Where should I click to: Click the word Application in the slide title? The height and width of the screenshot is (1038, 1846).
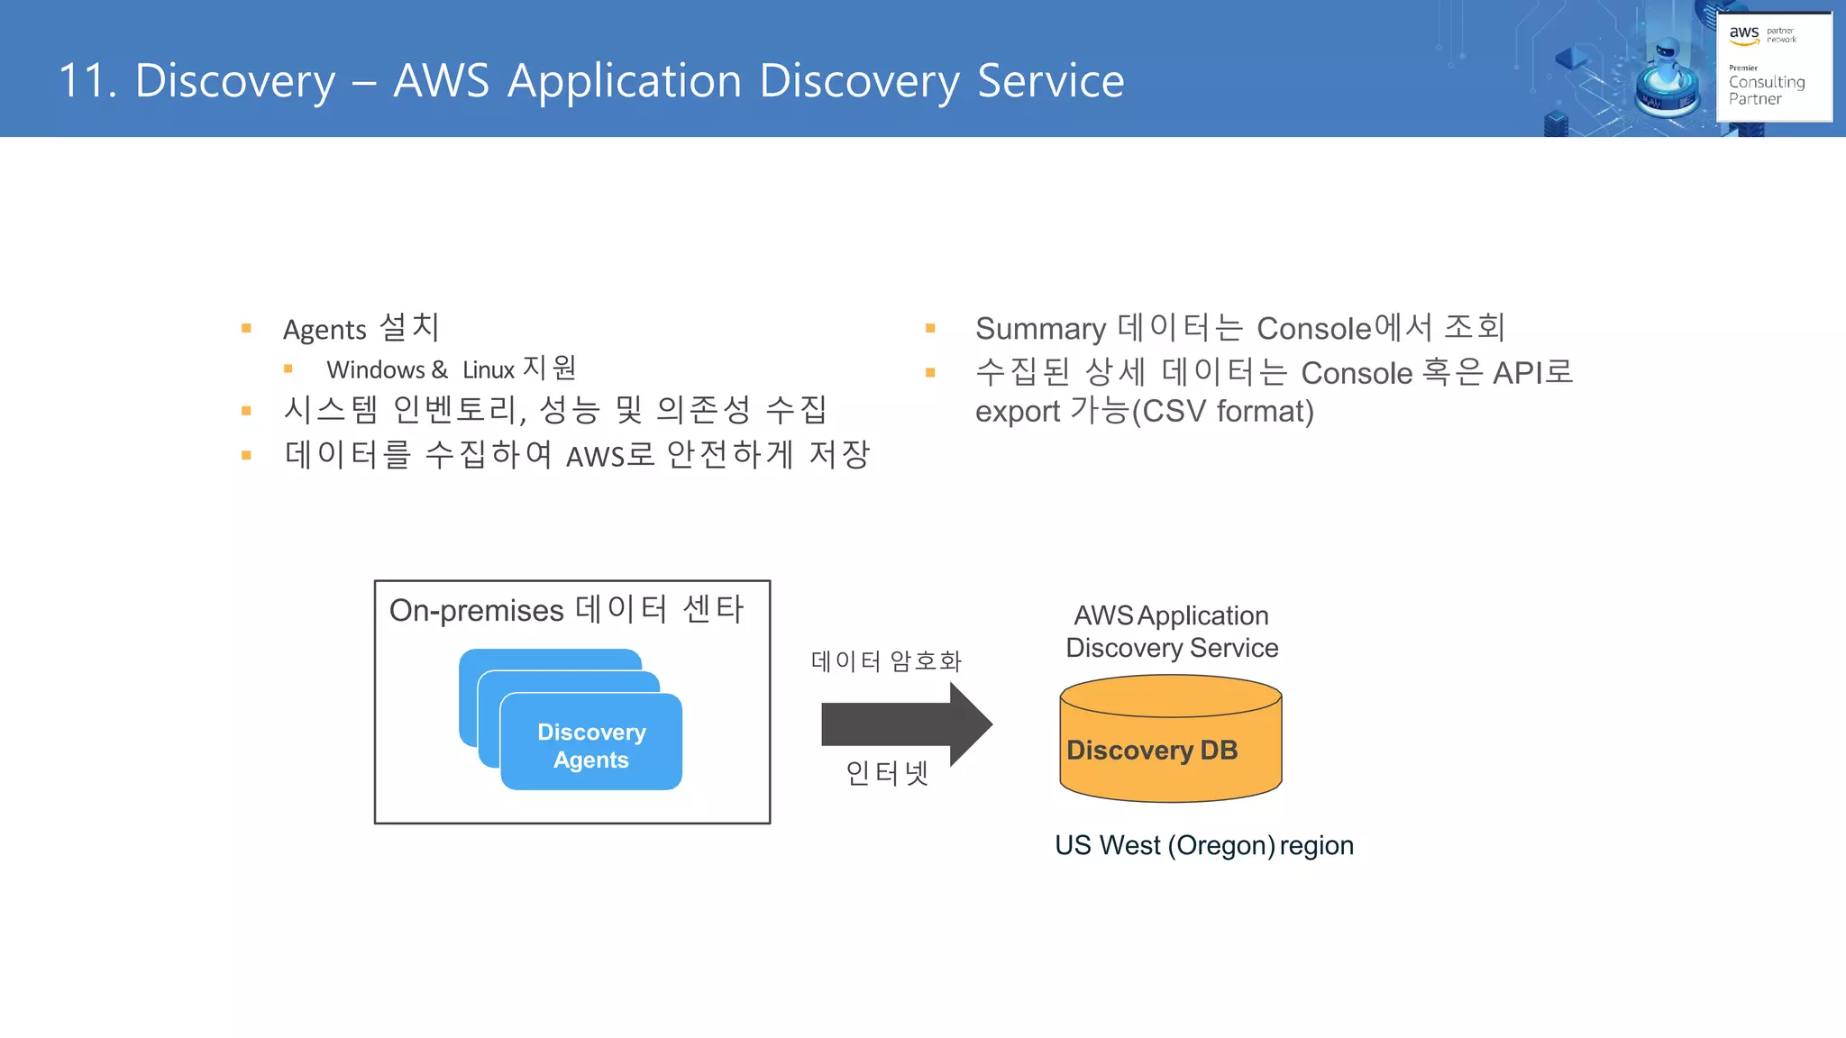point(625,81)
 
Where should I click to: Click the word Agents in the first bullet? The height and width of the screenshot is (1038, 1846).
point(324,330)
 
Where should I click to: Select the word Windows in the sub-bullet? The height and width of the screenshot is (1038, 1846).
point(375,370)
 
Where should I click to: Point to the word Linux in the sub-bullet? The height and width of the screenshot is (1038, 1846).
point(488,370)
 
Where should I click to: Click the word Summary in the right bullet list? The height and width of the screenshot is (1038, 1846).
point(1040,329)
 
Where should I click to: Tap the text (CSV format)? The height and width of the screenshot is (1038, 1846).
point(1222,412)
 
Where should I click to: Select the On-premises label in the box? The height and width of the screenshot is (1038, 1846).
point(476,611)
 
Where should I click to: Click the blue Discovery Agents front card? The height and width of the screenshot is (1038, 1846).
point(591,745)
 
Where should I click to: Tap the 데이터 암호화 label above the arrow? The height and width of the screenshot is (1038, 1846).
point(886,661)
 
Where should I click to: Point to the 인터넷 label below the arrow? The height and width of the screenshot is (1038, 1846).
point(886,773)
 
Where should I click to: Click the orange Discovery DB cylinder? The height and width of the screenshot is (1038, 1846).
point(1170,748)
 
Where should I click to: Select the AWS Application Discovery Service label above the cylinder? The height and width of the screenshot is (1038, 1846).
point(1171,632)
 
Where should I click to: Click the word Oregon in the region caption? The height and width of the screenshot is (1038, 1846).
point(1221,846)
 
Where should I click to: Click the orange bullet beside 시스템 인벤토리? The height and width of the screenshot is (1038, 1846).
point(246,411)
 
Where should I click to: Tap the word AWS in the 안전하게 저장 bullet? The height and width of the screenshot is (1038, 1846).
point(595,457)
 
